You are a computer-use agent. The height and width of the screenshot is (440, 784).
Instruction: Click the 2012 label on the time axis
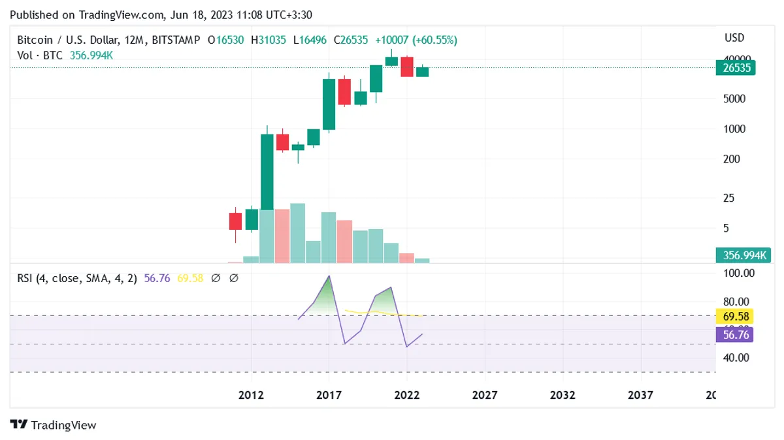point(251,395)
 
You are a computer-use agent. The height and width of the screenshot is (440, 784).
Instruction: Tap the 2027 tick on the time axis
point(485,395)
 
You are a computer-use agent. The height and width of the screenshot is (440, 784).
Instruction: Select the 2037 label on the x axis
point(640,395)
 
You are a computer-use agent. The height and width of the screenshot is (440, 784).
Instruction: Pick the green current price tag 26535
point(736,67)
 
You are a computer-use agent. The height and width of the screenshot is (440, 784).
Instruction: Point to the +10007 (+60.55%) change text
point(416,40)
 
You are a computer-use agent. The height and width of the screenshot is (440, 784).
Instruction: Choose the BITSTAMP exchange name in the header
point(176,40)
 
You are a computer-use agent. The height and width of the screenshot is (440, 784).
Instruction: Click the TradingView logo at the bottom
point(54,425)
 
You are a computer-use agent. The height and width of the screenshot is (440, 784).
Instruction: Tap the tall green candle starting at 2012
point(267,172)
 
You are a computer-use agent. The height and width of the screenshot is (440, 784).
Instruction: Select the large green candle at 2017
point(329,104)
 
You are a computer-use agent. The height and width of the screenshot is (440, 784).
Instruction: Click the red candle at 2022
point(407,67)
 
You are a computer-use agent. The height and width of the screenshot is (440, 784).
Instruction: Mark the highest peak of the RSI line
point(329,275)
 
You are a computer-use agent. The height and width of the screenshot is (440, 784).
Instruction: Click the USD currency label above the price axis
point(734,38)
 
